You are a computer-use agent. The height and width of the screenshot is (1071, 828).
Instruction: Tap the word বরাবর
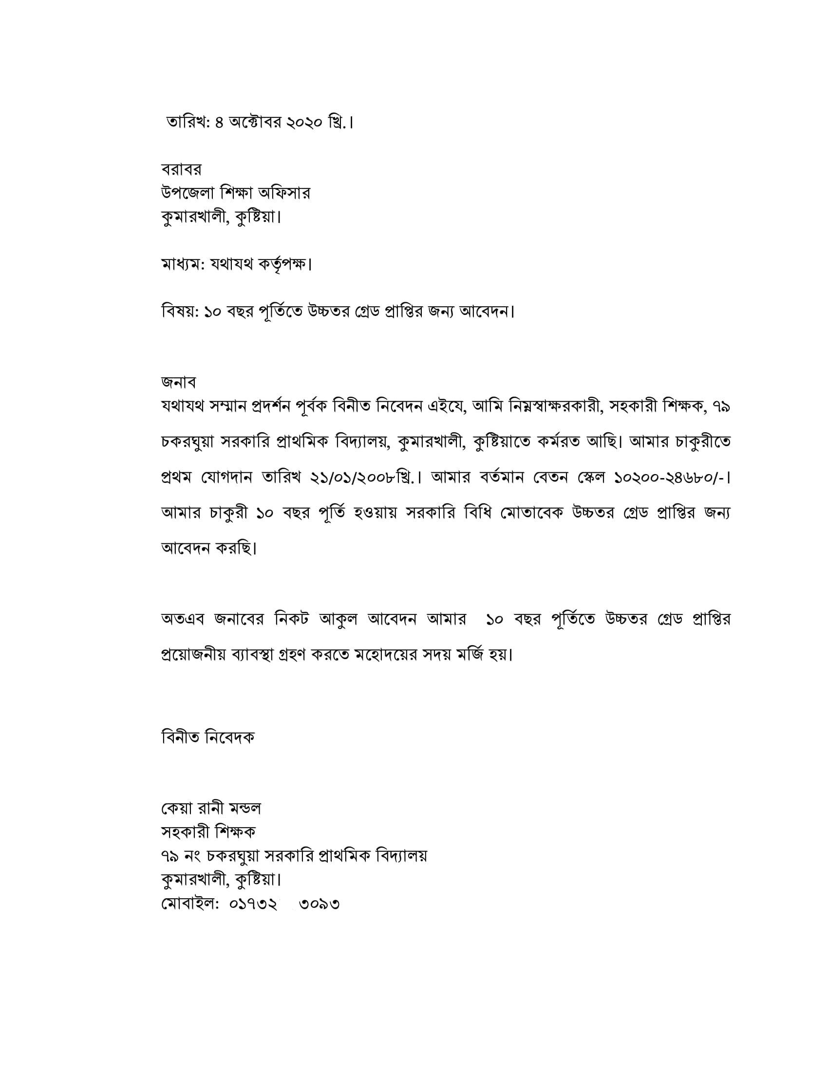(181, 170)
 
